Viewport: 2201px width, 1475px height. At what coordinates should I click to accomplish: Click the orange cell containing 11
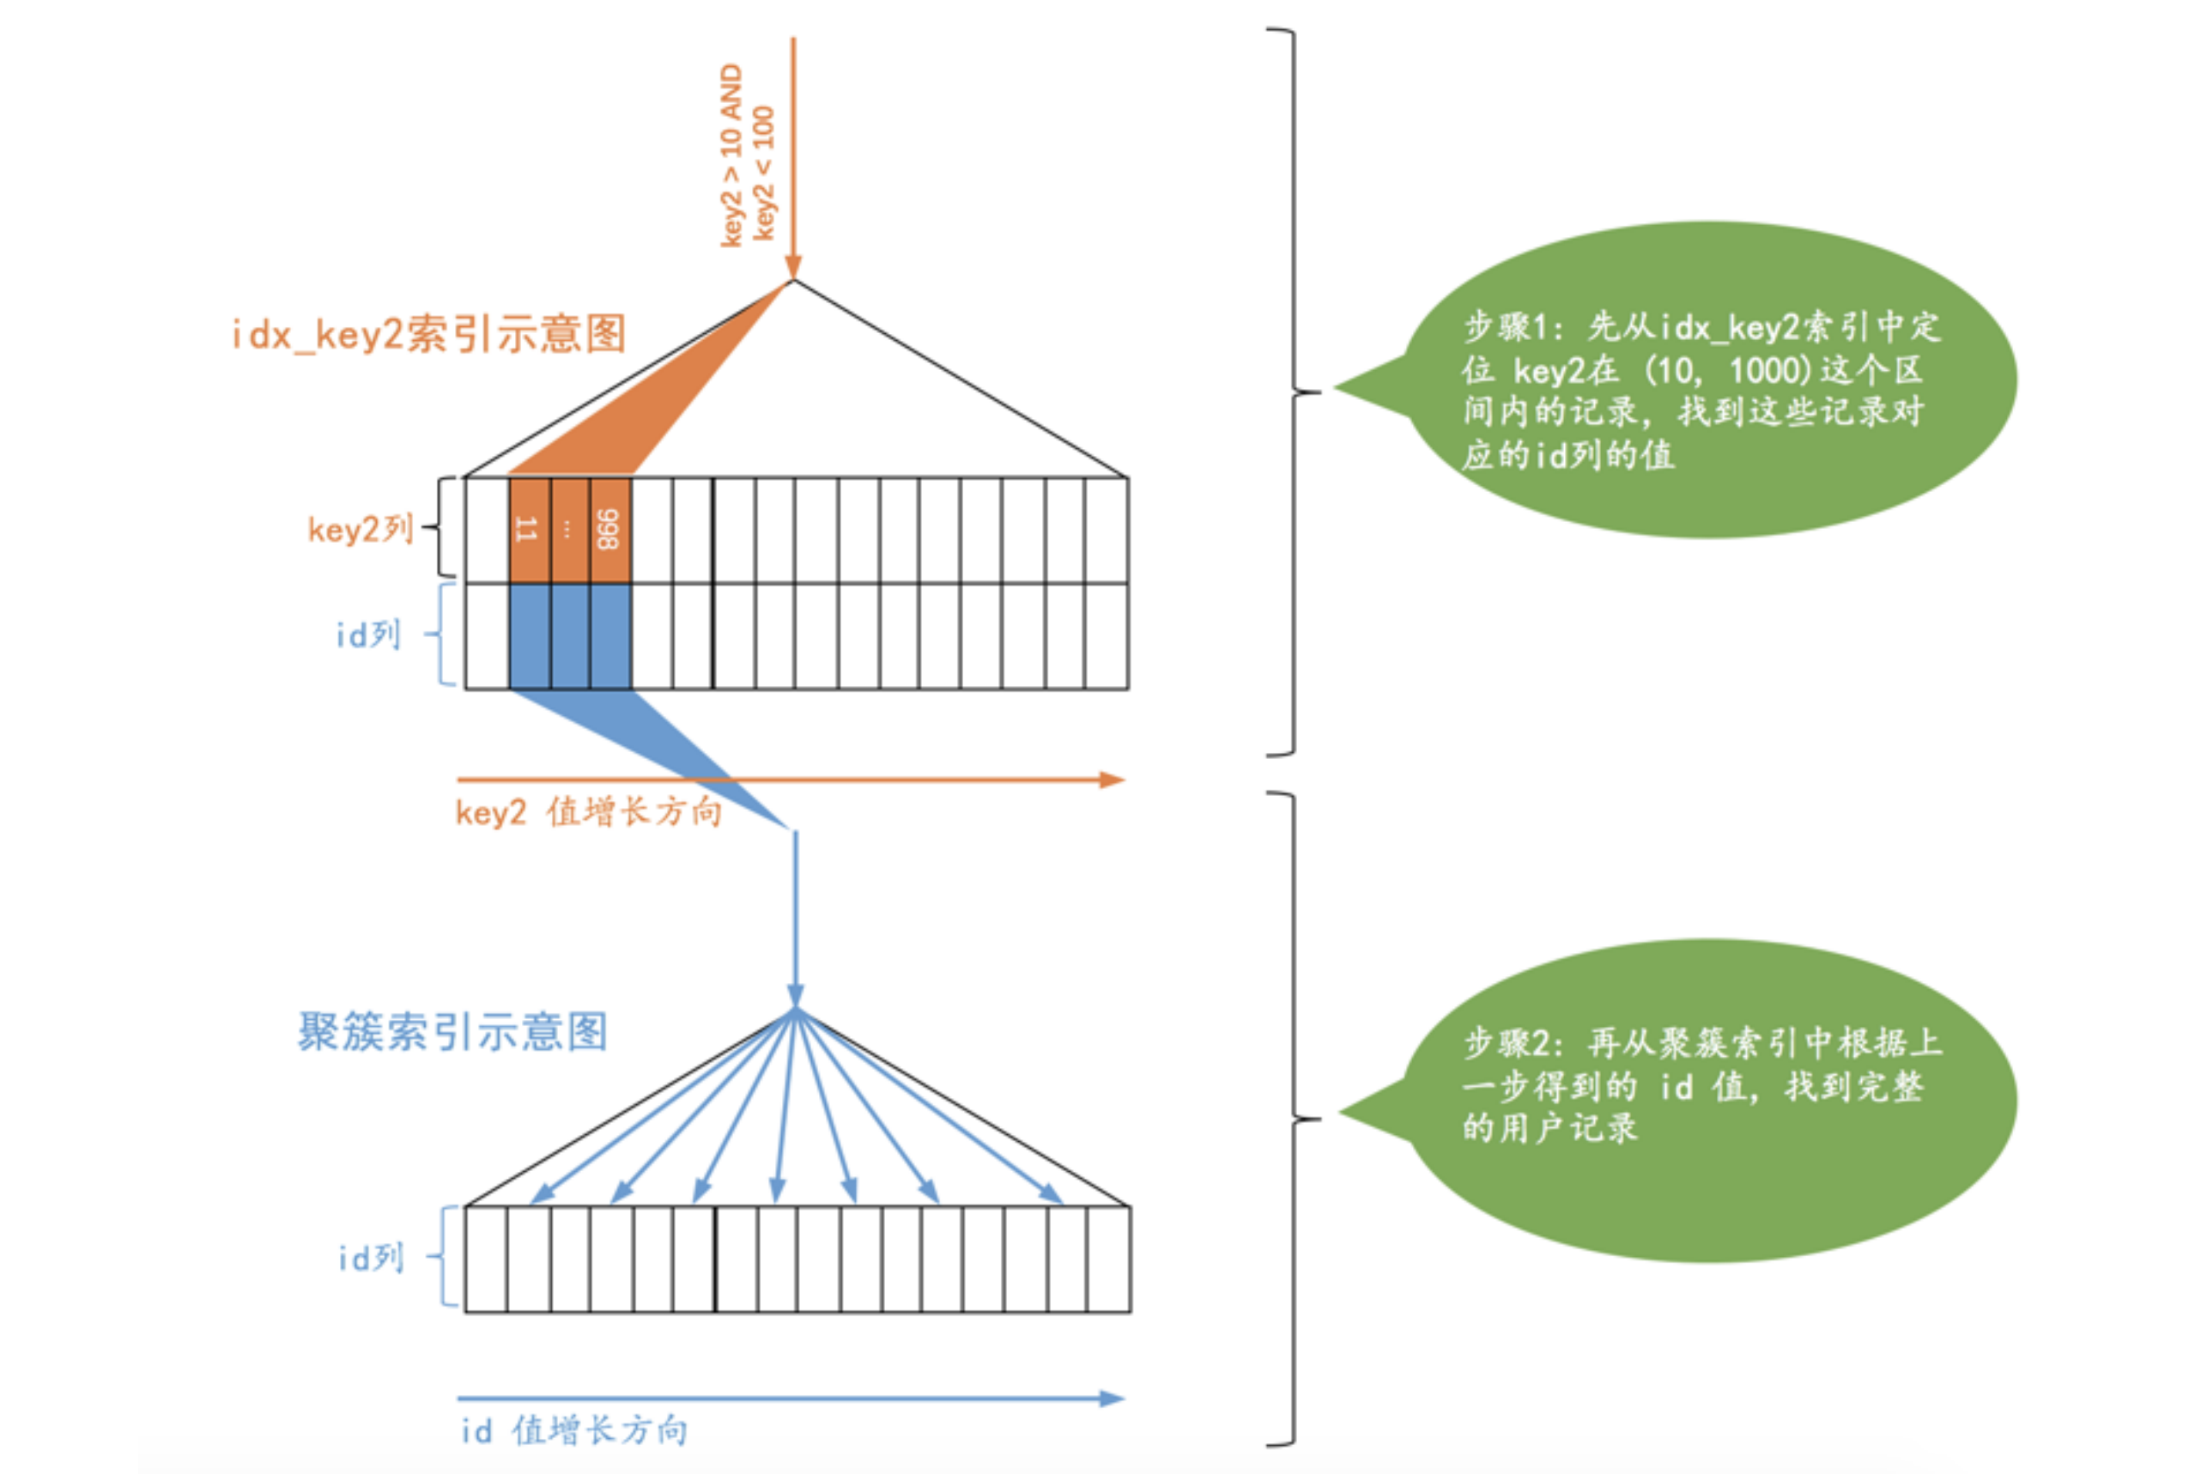coord(529,530)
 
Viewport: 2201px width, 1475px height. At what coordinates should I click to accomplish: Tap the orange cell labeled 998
coord(609,530)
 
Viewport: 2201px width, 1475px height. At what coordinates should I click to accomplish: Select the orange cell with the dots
coord(569,530)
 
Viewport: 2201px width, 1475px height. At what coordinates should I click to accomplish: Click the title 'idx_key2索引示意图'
coord(429,334)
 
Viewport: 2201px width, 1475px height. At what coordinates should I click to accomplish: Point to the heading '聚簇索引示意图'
coord(452,1032)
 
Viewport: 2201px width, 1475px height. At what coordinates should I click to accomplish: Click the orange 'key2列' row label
coord(361,530)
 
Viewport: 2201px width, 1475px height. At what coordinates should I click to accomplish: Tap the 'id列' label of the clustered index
coord(371,1258)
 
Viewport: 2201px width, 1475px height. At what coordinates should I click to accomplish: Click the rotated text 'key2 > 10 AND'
coord(731,155)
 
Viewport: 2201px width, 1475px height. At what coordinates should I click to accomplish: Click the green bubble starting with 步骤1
coord(1702,381)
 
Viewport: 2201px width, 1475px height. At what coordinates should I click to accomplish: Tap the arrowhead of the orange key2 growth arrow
coord(1112,780)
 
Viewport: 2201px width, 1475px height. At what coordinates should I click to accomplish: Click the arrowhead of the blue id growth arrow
coord(1112,1399)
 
